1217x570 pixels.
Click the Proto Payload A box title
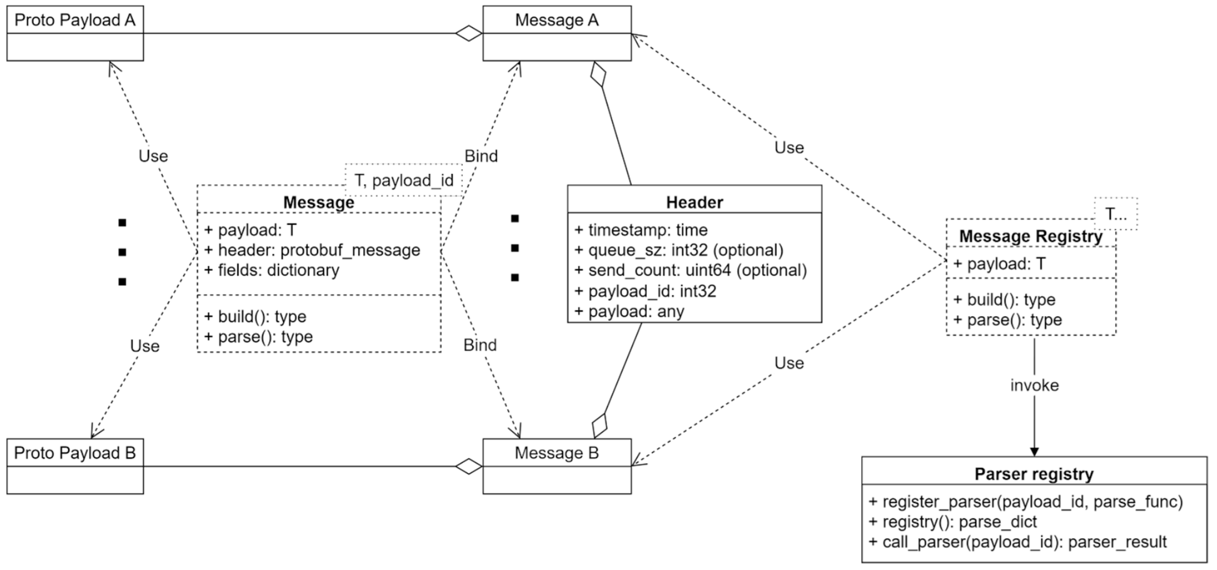(75, 20)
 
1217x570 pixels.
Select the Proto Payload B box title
(75, 453)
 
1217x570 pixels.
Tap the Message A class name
(557, 20)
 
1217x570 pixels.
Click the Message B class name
(557, 453)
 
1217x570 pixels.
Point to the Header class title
(694, 202)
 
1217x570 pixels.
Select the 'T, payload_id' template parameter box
(403, 180)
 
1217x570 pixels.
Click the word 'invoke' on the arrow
(1034, 386)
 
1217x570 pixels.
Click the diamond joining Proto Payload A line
(469, 33)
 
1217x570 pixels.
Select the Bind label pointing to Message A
(481, 156)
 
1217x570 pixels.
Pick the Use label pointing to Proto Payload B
(145, 346)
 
